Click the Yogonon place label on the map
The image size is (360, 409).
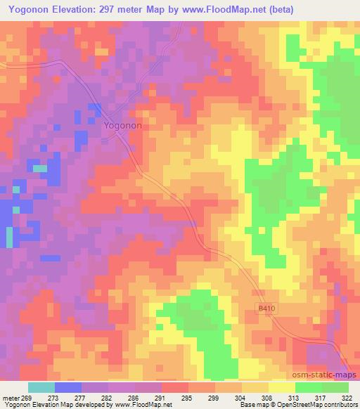[x=122, y=126]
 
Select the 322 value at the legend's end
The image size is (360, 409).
[x=347, y=398]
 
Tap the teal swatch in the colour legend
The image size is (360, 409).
[x=41, y=387]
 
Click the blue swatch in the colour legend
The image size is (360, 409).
[x=68, y=387]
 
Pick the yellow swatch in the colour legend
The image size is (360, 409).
[x=281, y=387]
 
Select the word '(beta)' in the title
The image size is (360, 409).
[x=278, y=9]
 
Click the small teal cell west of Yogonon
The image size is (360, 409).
[x=40, y=169]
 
